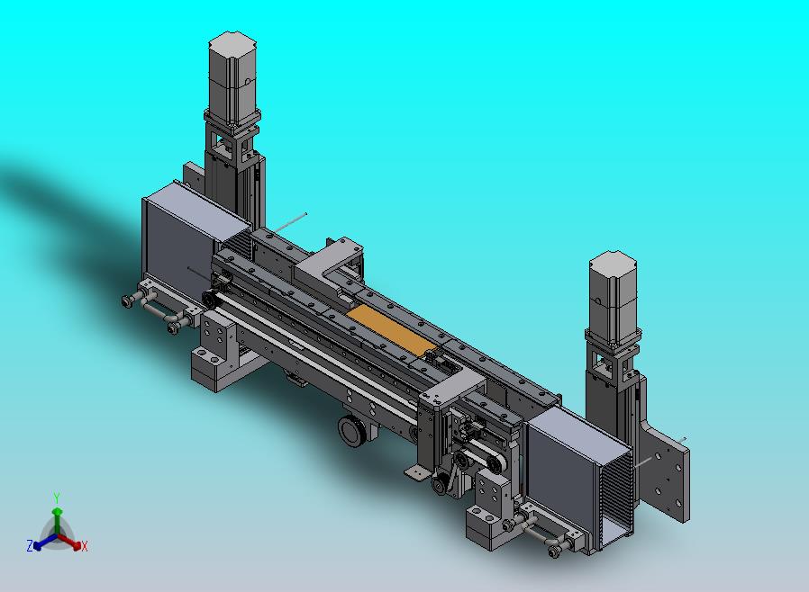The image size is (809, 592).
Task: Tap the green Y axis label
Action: tap(57, 498)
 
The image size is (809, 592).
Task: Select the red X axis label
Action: tap(85, 546)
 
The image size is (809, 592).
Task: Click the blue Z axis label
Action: tap(30, 545)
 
